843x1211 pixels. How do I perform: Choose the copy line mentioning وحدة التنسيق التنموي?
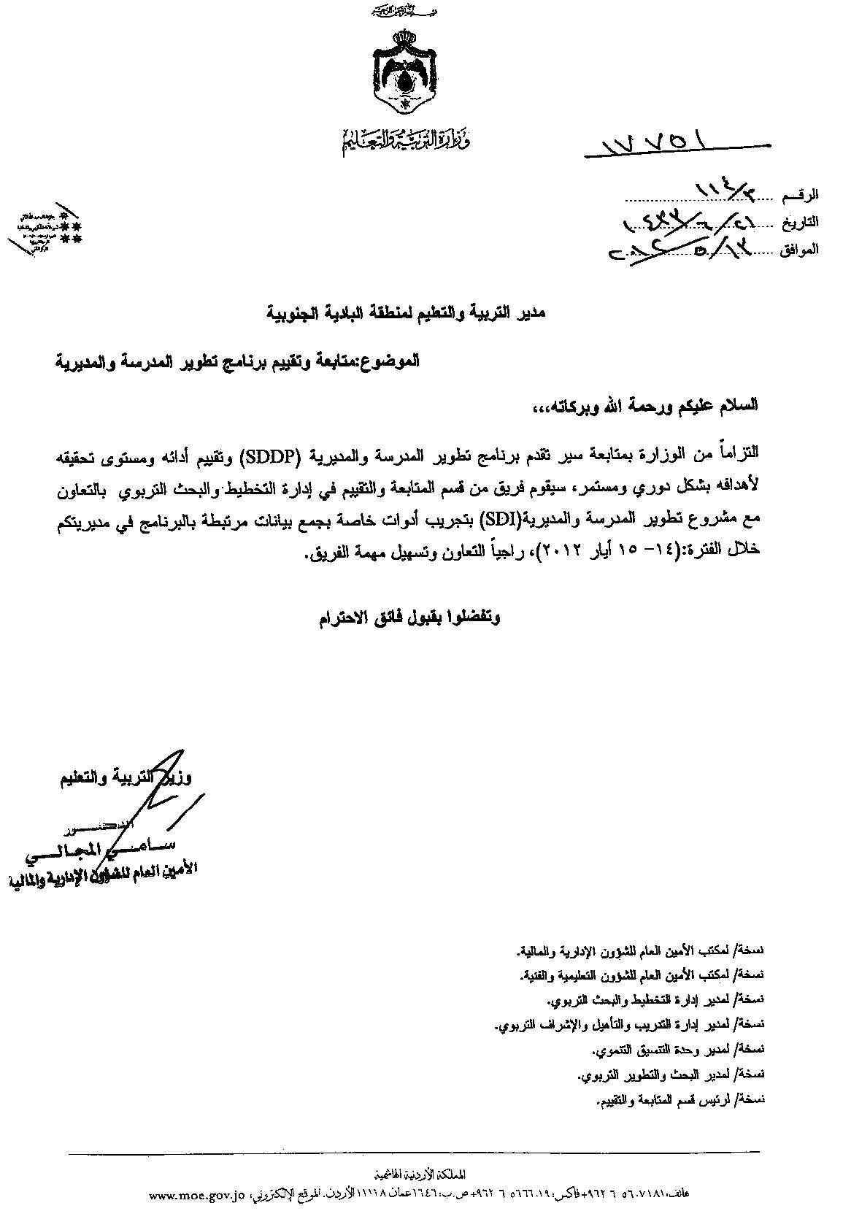tap(676, 1050)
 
